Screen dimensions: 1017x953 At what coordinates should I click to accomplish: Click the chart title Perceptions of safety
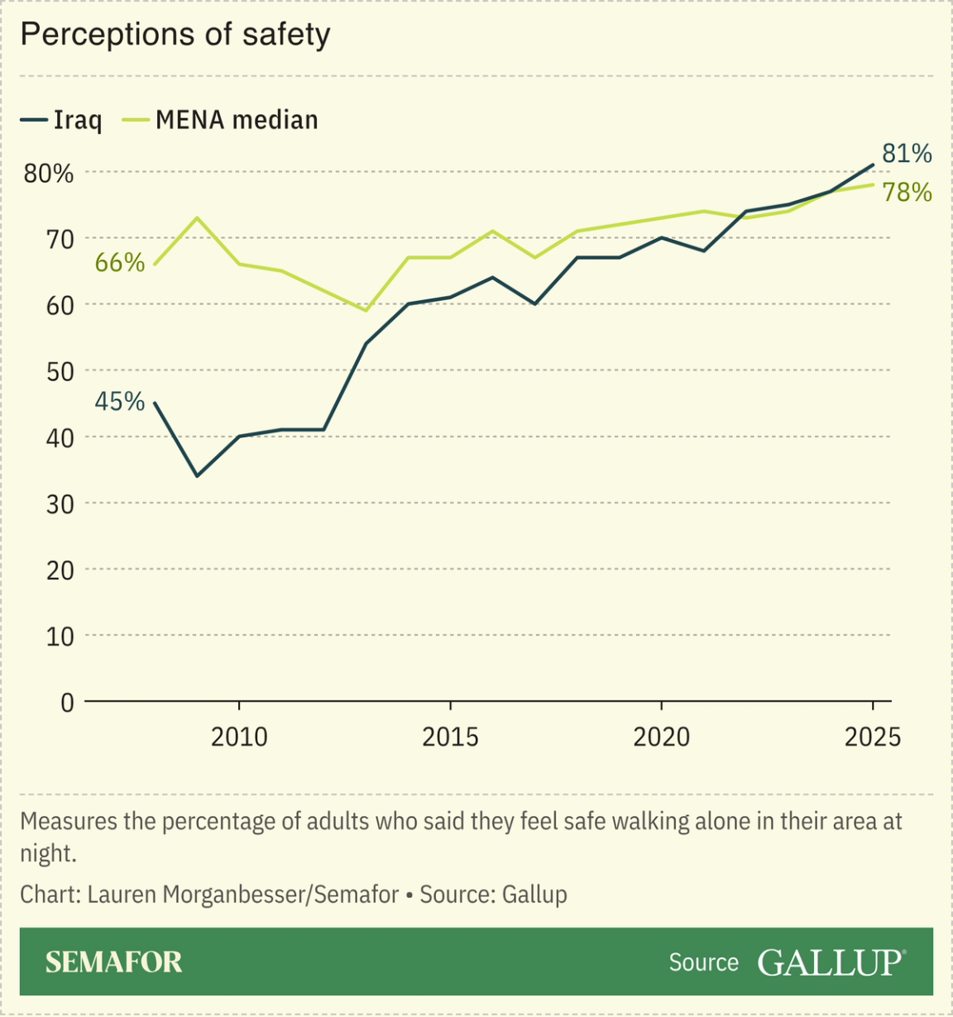pyautogui.click(x=175, y=35)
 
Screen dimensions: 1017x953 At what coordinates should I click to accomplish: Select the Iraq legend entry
pyautogui.click(x=62, y=120)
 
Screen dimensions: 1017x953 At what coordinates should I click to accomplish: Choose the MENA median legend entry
pyautogui.click(x=221, y=120)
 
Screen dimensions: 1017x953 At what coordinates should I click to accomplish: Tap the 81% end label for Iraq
pyautogui.click(x=907, y=154)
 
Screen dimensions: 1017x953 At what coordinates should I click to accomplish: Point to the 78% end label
pyautogui.click(x=907, y=193)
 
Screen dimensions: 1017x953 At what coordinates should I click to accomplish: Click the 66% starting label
pyautogui.click(x=120, y=263)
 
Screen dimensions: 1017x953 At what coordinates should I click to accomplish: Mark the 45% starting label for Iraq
pyautogui.click(x=120, y=402)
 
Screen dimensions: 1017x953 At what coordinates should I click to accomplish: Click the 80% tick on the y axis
pyautogui.click(x=48, y=174)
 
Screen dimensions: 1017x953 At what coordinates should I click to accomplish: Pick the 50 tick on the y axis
pyautogui.click(x=60, y=372)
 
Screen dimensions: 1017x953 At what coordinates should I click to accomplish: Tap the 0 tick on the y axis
pyautogui.click(x=67, y=703)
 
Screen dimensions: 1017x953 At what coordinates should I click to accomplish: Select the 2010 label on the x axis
pyautogui.click(x=239, y=737)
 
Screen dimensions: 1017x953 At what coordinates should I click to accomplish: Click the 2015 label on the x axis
pyautogui.click(x=450, y=737)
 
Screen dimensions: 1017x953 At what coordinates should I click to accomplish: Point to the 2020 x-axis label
pyautogui.click(x=661, y=737)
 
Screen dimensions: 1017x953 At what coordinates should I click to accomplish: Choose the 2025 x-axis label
pyautogui.click(x=872, y=737)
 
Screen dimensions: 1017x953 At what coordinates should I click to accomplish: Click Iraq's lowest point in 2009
pyautogui.click(x=197, y=476)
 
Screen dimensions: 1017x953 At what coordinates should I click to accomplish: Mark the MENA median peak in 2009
pyautogui.click(x=197, y=218)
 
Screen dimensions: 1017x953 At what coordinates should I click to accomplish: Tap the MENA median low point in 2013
pyautogui.click(x=366, y=311)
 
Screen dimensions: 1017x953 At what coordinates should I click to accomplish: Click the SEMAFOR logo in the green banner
pyautogui.click(x=113, y=962)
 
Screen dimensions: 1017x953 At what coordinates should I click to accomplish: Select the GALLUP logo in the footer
pyautogui.click(x=830, y=962)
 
